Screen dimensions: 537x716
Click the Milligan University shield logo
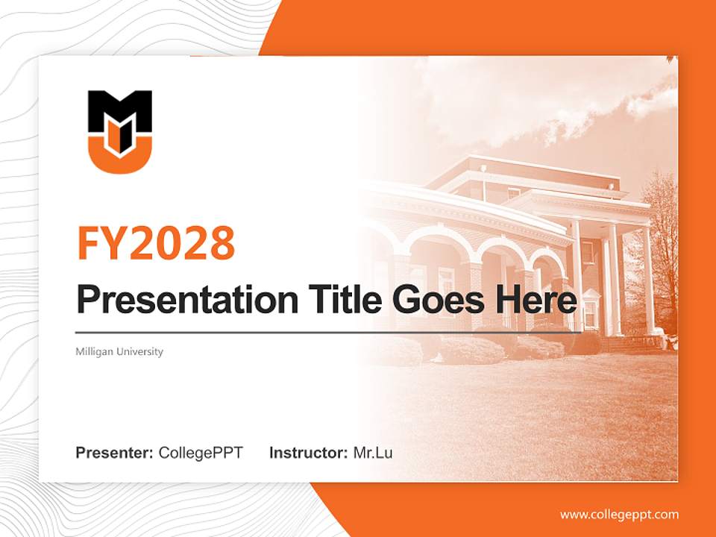click(120, 132)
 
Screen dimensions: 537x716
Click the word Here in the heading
click(536, 300)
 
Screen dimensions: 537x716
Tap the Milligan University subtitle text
click(119, 351)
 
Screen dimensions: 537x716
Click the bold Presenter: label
click(115, 453)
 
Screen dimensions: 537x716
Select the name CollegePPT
click(201, 453)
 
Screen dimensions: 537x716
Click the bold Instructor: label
click(308, 453)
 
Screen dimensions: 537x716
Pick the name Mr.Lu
click(373, 453)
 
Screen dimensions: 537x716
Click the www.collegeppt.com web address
click(619, 514)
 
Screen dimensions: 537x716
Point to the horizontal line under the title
click(328, 332)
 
